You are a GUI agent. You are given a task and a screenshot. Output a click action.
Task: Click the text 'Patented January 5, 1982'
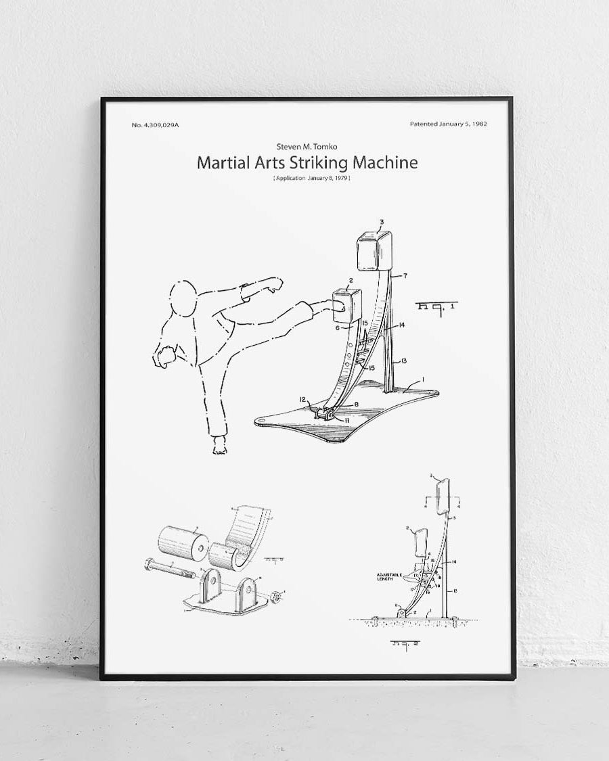coord(449,124)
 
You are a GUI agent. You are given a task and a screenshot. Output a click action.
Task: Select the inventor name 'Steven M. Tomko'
coord(307,147)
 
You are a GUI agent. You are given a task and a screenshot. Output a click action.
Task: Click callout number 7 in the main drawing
coord(405,276)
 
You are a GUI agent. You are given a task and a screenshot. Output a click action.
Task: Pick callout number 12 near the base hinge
coord(303,399)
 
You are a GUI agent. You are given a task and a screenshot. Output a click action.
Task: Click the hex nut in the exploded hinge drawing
coord(277,597)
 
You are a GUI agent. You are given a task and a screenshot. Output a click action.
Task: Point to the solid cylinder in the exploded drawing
coord(180,543)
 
